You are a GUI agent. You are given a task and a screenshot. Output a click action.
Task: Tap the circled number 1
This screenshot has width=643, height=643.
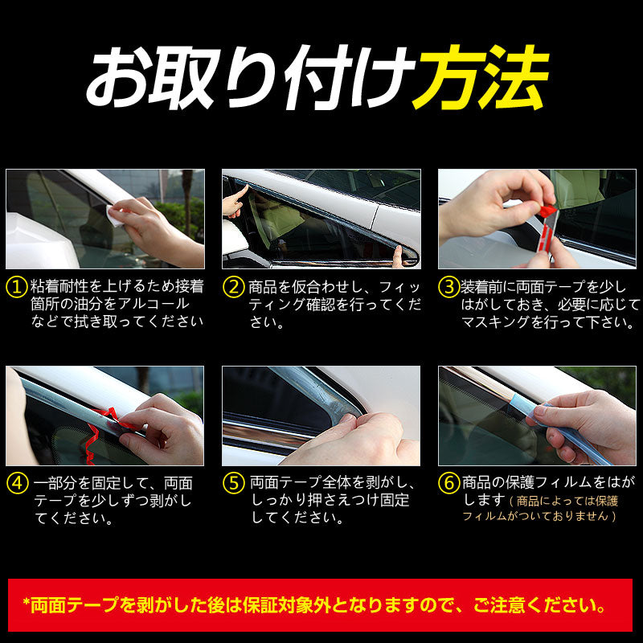pyautogui.click(x=15, y=287)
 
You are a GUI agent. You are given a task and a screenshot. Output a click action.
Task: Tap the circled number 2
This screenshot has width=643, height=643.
pyautogui.click(x=233, y=287)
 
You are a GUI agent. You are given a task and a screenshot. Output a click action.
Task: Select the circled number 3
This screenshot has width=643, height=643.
pyautogui.click(x=448, y=287)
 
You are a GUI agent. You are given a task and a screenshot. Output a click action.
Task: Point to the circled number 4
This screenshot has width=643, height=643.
pyautogui.click(x=15, y=484)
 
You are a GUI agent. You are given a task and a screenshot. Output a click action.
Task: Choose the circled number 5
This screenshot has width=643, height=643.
pyautogui.click(x=233, y=484)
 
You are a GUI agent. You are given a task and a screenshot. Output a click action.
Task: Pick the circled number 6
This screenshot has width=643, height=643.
pyautogui.click(x=448, y=484)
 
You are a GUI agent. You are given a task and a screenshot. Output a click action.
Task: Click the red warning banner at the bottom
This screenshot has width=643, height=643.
pyautogui.click(x=321, y=604)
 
